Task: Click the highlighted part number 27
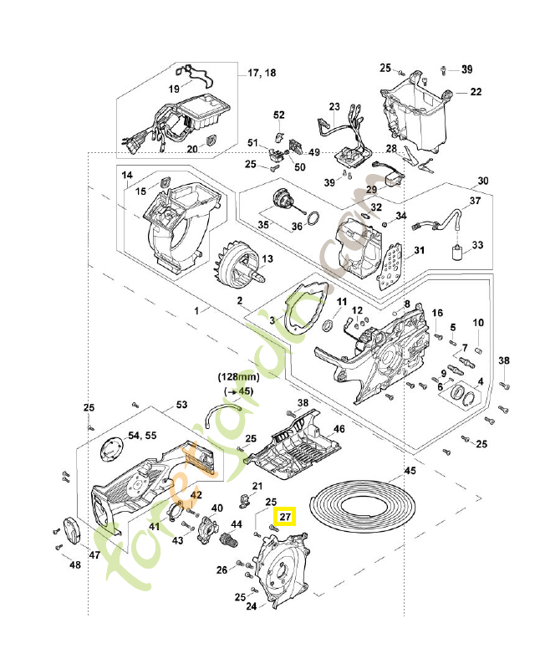[x=286, y=518]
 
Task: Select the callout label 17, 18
[x=262, y=74]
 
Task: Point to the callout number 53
[x=181, y=404]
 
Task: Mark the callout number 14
[x=127, y=176]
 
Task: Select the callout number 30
[x=482, y=181]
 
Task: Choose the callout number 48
[x=75, y=564]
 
